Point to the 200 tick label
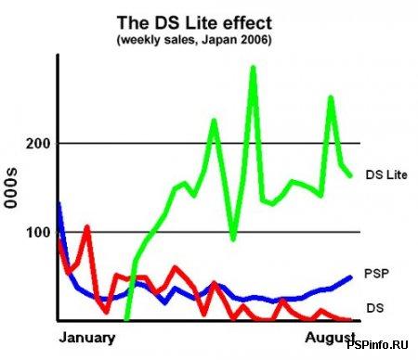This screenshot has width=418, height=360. pyautogui.click(x=36, y=144)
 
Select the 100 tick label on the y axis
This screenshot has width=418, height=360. pyautogui.click(x=36, y=232)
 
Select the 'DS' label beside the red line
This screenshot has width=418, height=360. pyautogui.click(x=375, y=306)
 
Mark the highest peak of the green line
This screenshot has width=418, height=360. pyautogui.click(x=253, y=68)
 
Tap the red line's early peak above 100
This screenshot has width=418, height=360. pyautogui.click(x=86, y=226)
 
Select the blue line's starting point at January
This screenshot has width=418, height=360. pyautogui.click(x=59, y=204)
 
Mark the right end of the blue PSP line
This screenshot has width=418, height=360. pyautogui.click(x=352, y=276)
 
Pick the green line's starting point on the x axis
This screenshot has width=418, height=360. pyautogui.click(x=126, y=318)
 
